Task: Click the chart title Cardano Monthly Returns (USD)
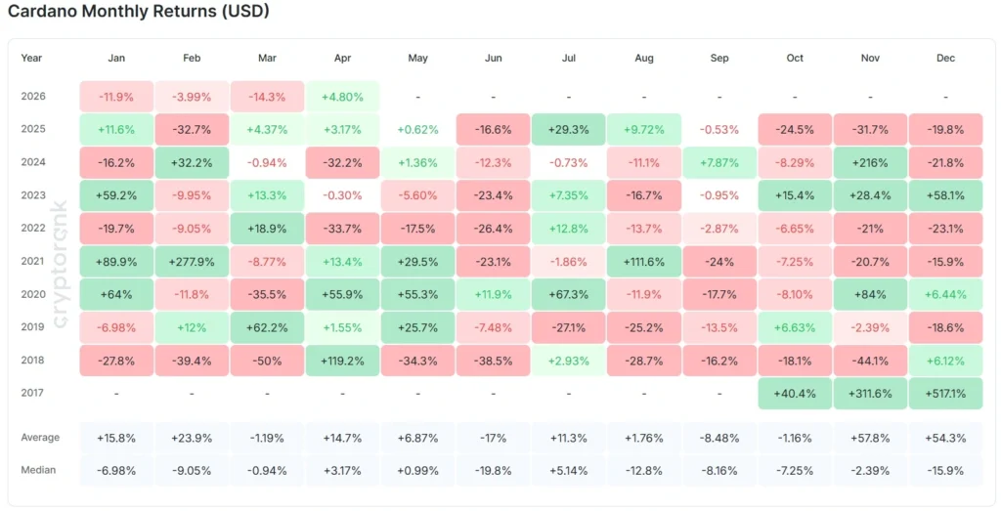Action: [139, 13]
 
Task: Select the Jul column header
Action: [569, 58]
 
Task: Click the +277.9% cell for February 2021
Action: [192, 262]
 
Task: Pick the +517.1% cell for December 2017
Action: [945, 394]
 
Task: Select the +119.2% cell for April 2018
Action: [342, 361]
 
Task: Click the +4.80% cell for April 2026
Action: [342, 97]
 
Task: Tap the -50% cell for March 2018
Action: [267, 361]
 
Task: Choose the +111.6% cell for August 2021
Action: [644, 262]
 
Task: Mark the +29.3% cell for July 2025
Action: [569, 129]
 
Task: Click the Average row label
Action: [40, 437]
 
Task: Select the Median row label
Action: [38, 470]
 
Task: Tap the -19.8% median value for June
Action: [493, 470]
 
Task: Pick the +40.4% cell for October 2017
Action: [795, 394]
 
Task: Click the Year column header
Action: [31, 58]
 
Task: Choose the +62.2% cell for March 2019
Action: [267, 327]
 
